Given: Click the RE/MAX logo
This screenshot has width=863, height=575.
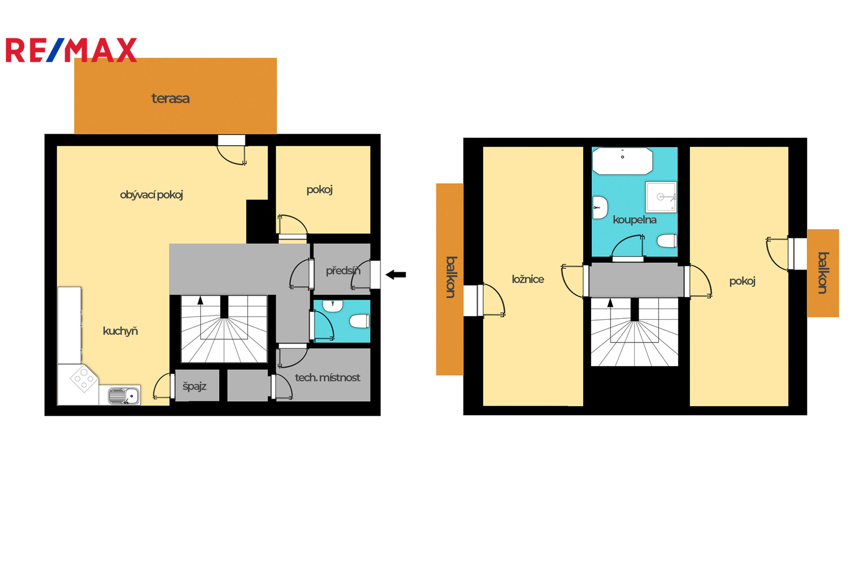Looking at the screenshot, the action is click(x=71, y=50).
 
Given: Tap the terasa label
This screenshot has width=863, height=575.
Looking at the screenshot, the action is click(x=170, y=99).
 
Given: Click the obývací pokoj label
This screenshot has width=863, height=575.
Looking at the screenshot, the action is click(x=152, y=195).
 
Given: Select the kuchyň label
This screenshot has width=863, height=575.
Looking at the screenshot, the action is click(x=120, y=331).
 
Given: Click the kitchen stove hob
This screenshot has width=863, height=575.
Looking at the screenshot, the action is click(x=84, y=379).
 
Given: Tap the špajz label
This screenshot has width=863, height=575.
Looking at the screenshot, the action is click(x=195, y=386).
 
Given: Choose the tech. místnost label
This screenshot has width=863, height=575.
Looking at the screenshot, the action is click(x=327, y=378).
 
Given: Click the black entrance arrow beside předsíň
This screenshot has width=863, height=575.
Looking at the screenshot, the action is click(x=396, y=275).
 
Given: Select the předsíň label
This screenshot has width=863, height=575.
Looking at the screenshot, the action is click(x=343, y=271).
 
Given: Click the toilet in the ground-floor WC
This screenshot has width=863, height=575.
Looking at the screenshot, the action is click(x=359, y=321).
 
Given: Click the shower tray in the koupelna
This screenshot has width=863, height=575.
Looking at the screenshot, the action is click(x=661, y=197).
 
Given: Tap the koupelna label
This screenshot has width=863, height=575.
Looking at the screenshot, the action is click(x=634, y=220).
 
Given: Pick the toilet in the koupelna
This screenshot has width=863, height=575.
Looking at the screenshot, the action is click(x=667, y=241).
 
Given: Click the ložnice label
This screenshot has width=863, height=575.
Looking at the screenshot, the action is click(x=528, y=279).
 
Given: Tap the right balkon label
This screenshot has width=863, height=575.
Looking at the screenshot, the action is click(x=823, y=273).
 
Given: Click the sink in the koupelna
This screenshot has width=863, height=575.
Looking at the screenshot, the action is click(x=600, y=208).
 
